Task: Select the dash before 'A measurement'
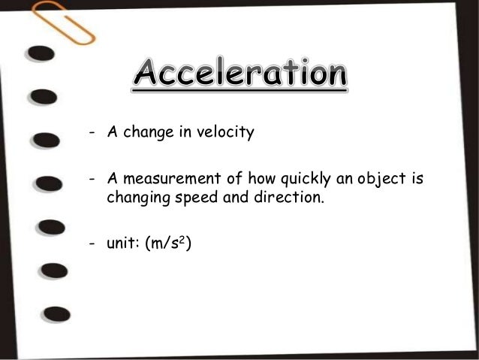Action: click(x=91, y=180)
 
